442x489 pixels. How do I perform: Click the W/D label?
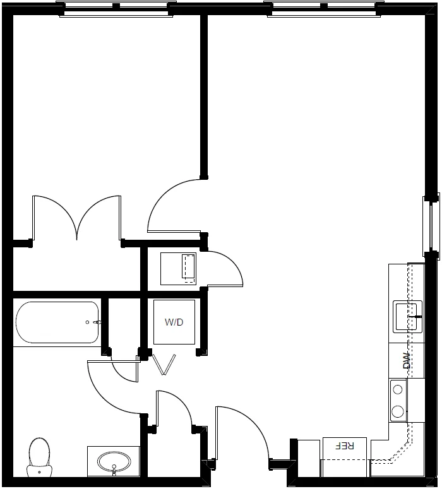174,322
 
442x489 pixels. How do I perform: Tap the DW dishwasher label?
407,360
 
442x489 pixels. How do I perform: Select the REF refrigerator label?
345,445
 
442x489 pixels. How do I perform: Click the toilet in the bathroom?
39,457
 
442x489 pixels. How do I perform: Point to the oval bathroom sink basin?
114,462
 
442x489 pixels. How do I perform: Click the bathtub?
57,322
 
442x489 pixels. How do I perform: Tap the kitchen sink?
408,317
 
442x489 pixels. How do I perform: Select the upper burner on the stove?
398,389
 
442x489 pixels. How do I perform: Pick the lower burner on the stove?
398,411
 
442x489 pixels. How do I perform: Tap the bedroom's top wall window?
116,9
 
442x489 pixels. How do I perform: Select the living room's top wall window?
324,9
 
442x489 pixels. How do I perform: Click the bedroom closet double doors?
77,218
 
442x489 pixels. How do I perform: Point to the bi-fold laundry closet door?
164,365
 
